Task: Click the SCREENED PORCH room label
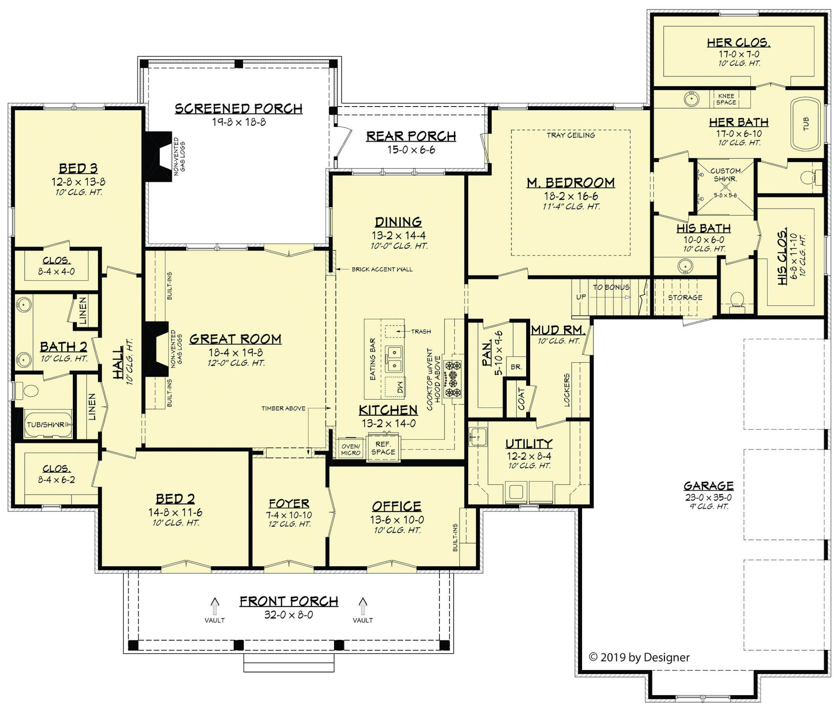click(x=238, y=109)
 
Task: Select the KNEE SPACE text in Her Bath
click(x=726, y=99)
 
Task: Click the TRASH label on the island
click(x=421, y=331)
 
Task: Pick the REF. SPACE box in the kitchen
click(x=383, y=448)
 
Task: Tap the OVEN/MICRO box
click(x=351, y=450)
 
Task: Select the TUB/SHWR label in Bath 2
click(x=45, y=424)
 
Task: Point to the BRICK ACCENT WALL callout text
click(x=382, y=269)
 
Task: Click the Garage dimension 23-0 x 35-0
click(x=708, y=497)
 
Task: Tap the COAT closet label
click(x=521, y=398)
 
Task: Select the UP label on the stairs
click(x=581, y=297)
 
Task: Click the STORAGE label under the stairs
click(x=685, y=297)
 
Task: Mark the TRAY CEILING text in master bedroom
click(x=571, y=135)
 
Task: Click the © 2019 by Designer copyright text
click(x=639, y=657)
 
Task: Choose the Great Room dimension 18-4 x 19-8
click(x=235, y=352)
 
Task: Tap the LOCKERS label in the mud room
click(x=567, y=390)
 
